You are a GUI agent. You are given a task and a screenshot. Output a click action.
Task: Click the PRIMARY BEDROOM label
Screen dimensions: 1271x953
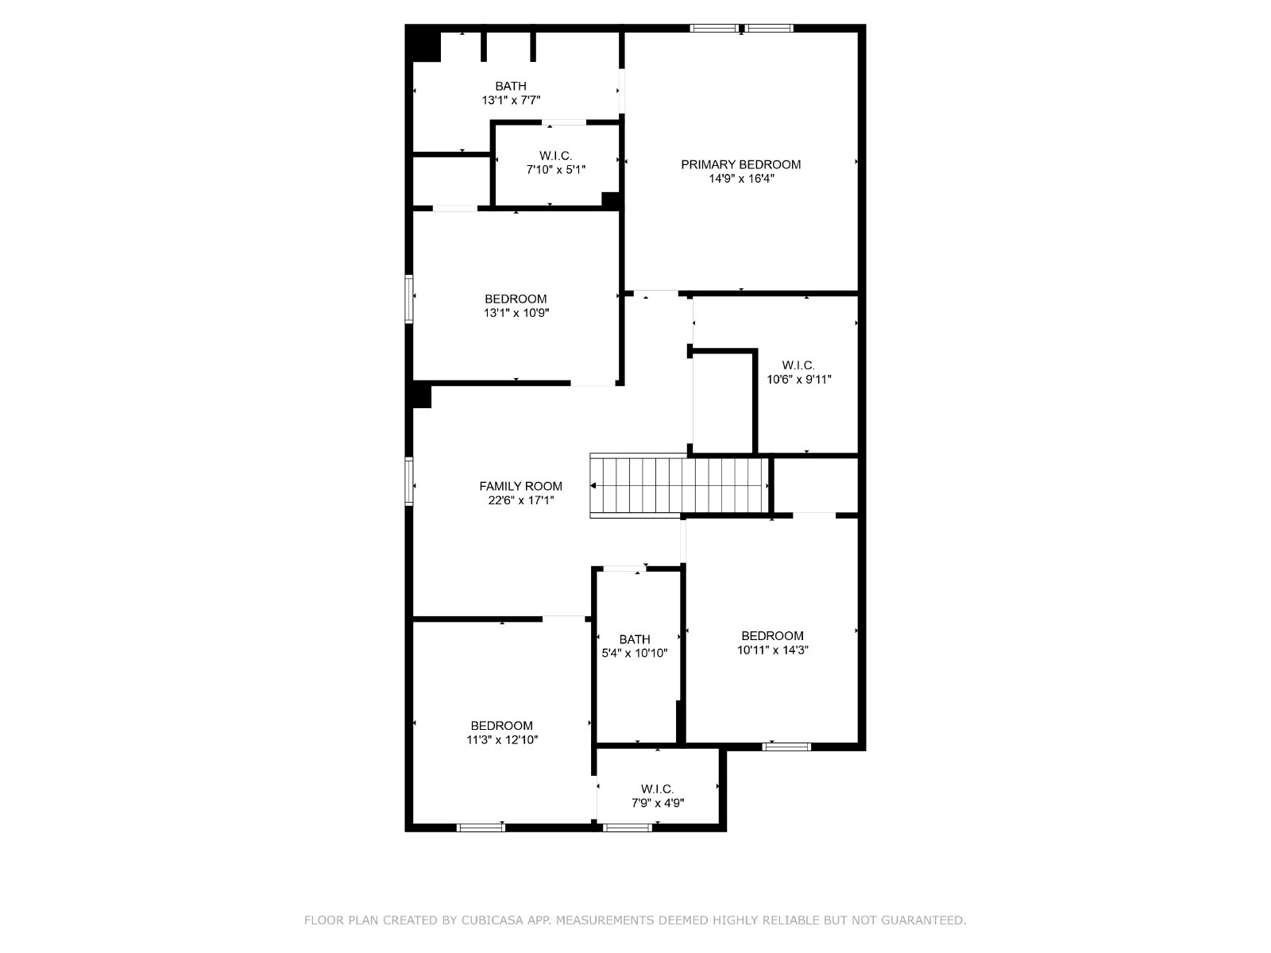click(740, 164)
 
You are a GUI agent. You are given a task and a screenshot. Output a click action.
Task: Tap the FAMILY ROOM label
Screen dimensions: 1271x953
click(520, 486)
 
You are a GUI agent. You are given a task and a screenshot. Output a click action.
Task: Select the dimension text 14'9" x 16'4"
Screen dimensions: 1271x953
click(741, 178)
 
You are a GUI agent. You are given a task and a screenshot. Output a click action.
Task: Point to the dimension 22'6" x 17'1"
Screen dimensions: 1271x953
click(520, 500)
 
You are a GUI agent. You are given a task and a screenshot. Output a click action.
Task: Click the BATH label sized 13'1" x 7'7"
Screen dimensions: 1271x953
click(511, 87)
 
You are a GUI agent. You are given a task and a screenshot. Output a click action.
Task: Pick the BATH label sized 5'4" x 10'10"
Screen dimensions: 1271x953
click(635, 639)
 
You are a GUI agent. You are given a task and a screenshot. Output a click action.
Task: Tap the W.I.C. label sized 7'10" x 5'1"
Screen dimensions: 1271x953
click(556, 156)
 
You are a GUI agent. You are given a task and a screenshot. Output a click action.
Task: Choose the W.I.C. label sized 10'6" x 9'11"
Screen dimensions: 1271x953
click(798, 365)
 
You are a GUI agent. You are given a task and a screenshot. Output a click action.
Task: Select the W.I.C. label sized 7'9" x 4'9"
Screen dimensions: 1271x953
click(657, 789)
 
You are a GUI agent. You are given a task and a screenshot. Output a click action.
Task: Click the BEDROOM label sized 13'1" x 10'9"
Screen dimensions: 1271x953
click(516, 299)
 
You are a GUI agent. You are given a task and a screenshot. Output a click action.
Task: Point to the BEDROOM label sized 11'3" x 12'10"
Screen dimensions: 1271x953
click(501, 726)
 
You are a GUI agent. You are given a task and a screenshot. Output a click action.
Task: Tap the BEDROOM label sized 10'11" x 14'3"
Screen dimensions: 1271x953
click(772, 635)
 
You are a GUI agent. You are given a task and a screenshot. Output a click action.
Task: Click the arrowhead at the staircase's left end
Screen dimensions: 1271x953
click(593, 485)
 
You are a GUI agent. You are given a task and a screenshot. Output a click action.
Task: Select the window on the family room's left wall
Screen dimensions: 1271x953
click(409, 481)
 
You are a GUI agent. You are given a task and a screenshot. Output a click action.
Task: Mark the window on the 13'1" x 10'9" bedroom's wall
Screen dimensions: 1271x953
click(409, 299)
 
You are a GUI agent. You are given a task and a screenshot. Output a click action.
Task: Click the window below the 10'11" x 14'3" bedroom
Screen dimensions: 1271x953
click(786, 747)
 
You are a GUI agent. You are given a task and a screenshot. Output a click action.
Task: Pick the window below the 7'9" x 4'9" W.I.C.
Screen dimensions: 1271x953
click(627, 828)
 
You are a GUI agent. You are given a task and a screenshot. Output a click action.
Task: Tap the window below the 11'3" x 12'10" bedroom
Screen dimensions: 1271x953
click(481, 828)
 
